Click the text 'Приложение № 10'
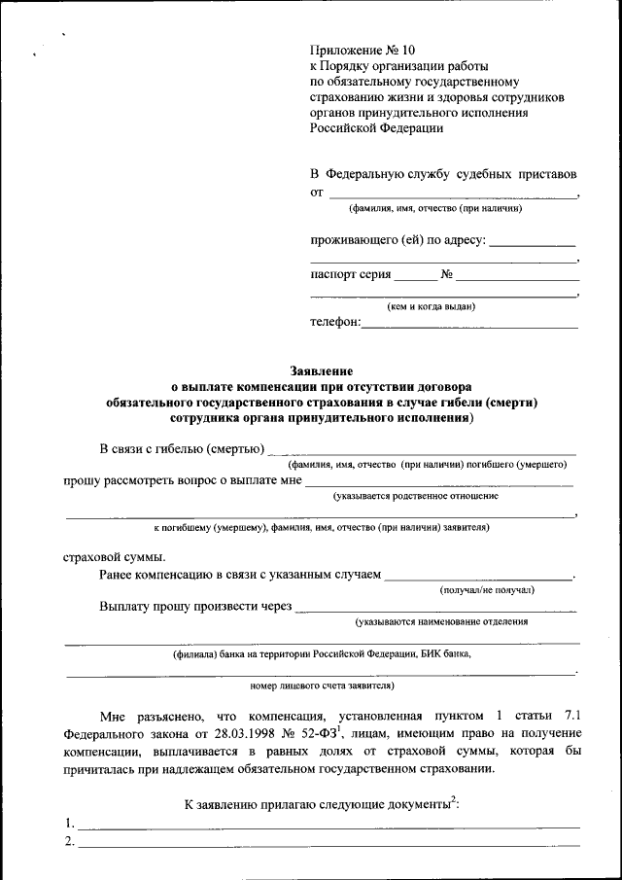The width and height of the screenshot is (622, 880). pyautogui.click(x=362, y=50)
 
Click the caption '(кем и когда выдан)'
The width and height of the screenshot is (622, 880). pyautogui.click(x=431, y=306)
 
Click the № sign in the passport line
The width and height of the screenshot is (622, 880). pyautogui.click(x=447, y=274)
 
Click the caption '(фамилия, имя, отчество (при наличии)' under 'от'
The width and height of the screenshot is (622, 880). pyautogui.click(x=435, y=208)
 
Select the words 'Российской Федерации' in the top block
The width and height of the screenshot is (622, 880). pyautogui.click(x=377, y=127)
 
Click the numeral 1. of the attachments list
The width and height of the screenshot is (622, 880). pyautogui.click(x=70, y=825)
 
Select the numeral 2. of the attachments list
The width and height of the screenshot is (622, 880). pyautogui.click(x=70, y=842)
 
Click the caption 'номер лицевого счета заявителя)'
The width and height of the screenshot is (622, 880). pyautogui.click(x=322, y=685)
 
